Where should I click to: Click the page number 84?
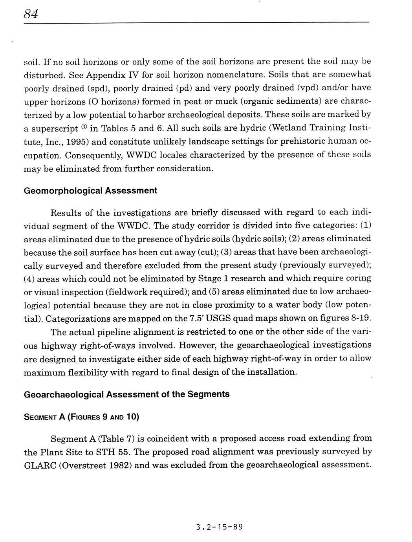pos(31,15)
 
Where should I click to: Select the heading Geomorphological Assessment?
pos(90,191)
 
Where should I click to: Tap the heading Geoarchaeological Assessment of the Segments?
pos(126,394)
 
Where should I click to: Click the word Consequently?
pos(93,155)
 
